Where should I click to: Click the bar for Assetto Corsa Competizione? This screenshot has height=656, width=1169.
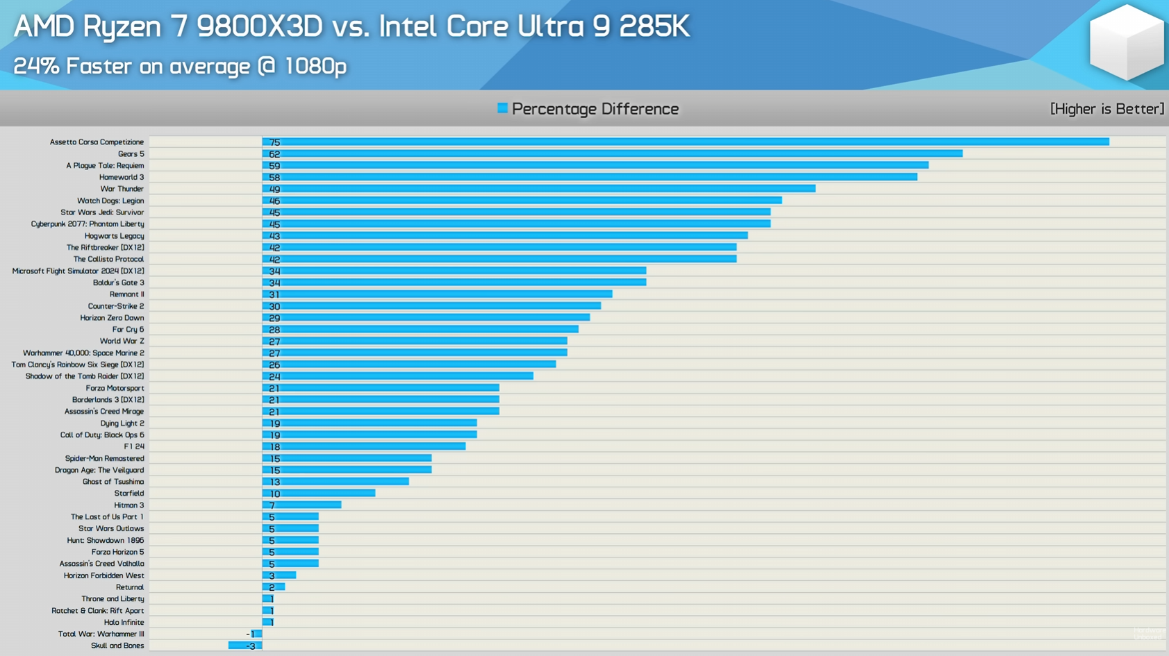tap(685, 142)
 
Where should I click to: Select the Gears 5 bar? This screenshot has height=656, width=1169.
tap(612, 153)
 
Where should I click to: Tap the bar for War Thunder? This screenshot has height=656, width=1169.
tap(538, 189)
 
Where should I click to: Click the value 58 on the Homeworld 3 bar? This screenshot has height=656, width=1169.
tap(274, 178)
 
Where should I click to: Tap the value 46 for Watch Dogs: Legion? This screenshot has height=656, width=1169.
tap(274, 201)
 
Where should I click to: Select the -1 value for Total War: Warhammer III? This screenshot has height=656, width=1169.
tap(250, 634)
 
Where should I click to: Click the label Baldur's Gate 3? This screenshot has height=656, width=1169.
tap(118, 283)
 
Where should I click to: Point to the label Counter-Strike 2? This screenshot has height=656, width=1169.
tap(115, 306)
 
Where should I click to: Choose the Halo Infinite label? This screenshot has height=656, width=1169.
tap(124, 623)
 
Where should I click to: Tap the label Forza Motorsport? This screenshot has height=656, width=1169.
tap(115, 388)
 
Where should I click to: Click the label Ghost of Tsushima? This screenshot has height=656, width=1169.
tap(113, 482)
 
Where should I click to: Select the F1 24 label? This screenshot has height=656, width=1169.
tap(134, 446)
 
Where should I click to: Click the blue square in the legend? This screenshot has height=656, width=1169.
tap(502, 108)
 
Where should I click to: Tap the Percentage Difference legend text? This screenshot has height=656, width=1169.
tap(595, 109)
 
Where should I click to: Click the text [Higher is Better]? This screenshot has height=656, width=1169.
tap(1106, 109)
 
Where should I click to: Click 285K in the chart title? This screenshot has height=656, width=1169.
tap(654, 27)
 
